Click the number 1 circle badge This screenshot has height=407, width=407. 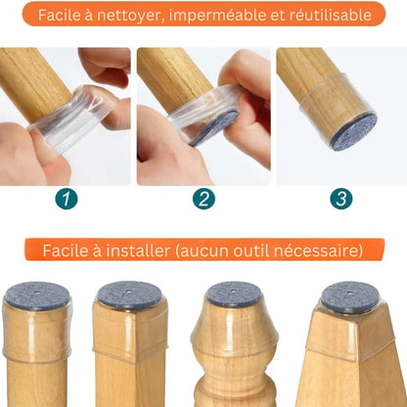coord(68,199)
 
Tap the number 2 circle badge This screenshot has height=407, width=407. coord(203,199)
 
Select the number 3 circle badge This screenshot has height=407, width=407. coord(340,199)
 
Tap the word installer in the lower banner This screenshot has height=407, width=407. coord(133,251)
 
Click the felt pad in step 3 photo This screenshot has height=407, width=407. coord(353,130)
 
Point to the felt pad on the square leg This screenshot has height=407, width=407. coord(130,295)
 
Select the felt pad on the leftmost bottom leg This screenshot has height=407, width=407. coord(36,296)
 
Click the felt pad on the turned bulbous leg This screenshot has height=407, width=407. coord(234,294)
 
